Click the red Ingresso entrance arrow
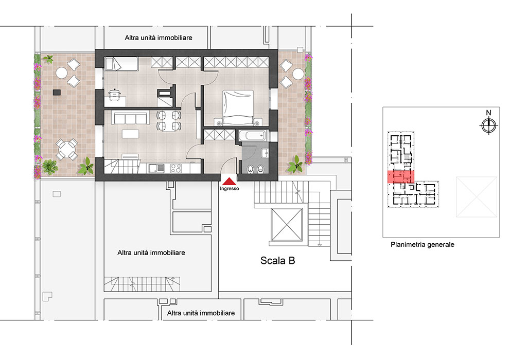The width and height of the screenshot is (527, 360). pos(229,182)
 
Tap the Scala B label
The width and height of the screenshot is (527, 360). pos(277,260)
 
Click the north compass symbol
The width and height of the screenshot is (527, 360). pos(489,126)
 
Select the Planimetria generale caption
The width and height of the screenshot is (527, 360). pos(422,244)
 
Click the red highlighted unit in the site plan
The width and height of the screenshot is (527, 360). pos(400,176)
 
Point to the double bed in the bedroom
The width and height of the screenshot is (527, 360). pos(238,107)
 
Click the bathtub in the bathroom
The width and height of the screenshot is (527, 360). pos(252,136)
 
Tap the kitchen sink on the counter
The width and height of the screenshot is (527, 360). pos(156,168)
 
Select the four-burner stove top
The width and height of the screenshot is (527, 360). pos(176,168)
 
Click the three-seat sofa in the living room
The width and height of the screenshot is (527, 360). pos(130,119)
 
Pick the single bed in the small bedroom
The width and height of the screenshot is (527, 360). pos(121,64)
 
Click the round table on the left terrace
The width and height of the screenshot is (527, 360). pos(61,73)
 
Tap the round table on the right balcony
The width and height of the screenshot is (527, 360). pos(298,74)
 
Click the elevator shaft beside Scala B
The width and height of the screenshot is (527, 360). pos(287,225)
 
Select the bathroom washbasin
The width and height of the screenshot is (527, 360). pos(265,153)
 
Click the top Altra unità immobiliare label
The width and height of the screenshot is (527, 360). pos(159,38)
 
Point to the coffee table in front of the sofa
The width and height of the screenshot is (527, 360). pos(130,134)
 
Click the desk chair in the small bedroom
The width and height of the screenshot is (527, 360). pos(115,94)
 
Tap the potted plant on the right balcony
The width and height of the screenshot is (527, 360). pos(295,164)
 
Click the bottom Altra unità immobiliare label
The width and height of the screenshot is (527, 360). pos(201,313)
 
